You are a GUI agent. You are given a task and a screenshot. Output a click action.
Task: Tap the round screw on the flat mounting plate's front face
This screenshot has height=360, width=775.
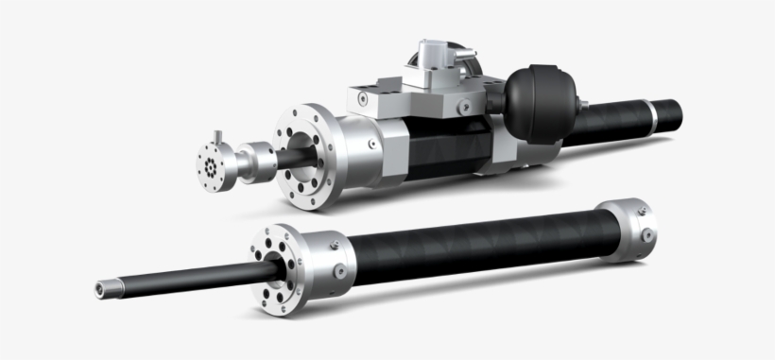click(x=464, y=108)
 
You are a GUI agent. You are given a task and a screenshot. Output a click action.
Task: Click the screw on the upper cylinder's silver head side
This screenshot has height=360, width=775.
click(x=375, y=145)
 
